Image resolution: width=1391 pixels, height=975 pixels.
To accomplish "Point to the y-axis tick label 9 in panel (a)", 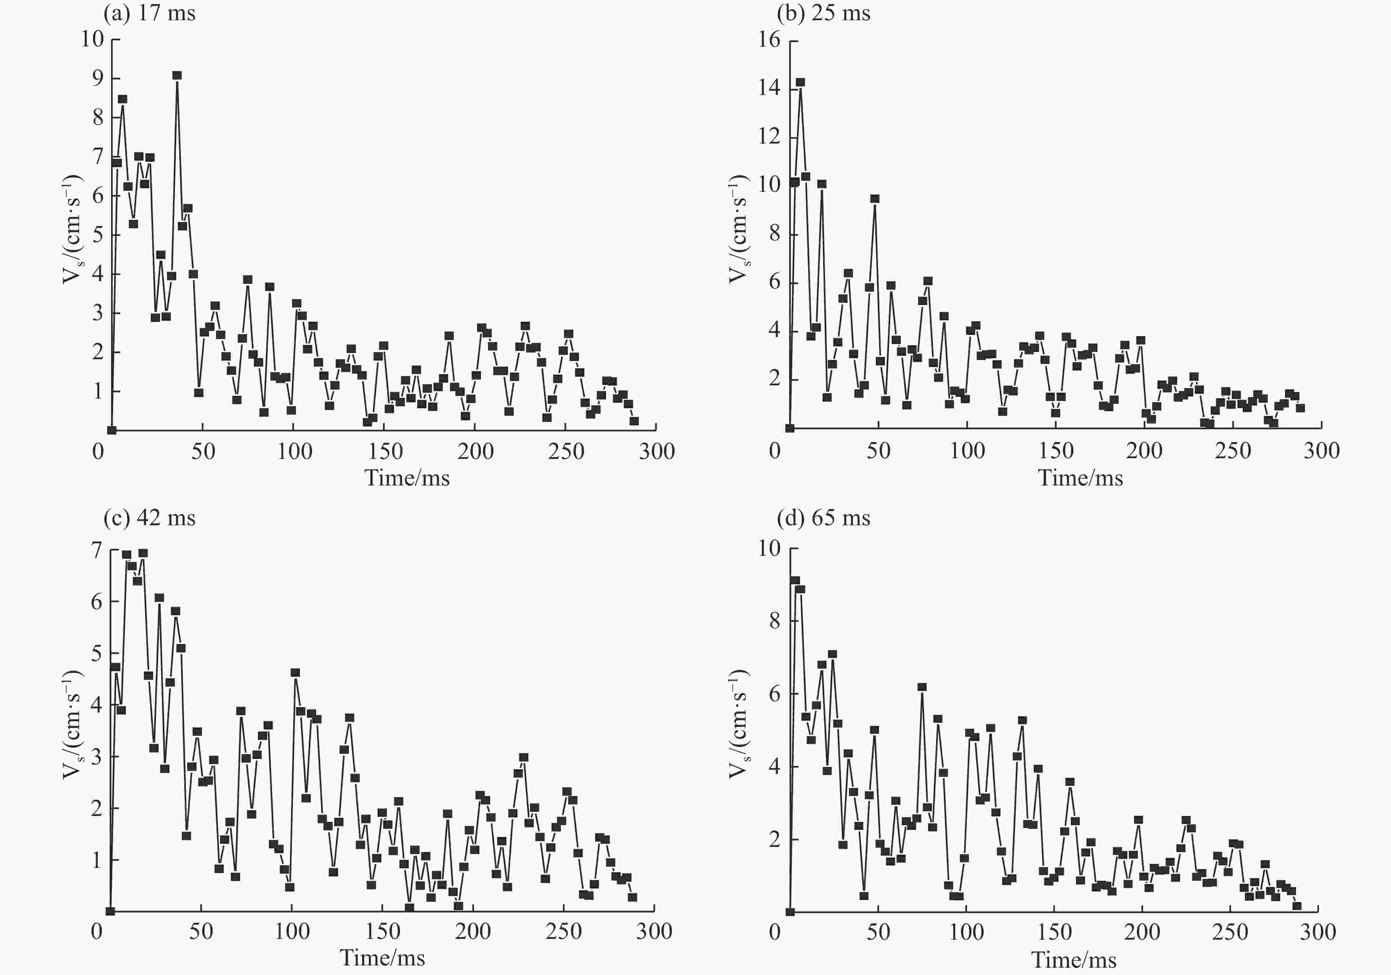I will click(x=98, y=78).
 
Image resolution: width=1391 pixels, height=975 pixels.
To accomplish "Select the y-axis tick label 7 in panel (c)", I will click(x=96, y=550).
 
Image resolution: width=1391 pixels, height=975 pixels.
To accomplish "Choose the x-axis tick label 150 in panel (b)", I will click(x=1056, y=451).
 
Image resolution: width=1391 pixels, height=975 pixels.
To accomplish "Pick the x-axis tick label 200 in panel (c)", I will click(x=472, y=931).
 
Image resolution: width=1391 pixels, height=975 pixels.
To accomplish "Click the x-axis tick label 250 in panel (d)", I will click(x=1230, y=932).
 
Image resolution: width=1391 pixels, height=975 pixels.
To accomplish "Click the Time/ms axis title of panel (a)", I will click(x=407, y=478).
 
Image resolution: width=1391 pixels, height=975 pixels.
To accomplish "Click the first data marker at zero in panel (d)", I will click(x=790, y=912).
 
